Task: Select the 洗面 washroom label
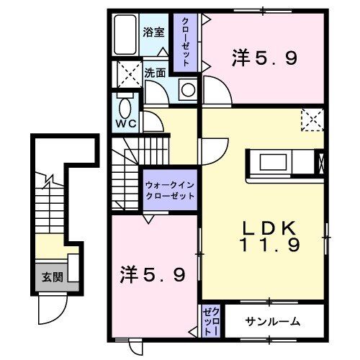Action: click(156, 73)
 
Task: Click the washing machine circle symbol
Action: click(186, 89)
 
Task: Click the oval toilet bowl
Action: click(126, 109)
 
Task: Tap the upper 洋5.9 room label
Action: click(264, 57)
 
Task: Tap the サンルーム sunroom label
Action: click(272, 321)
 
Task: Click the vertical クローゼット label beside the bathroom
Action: click(185, 42)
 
